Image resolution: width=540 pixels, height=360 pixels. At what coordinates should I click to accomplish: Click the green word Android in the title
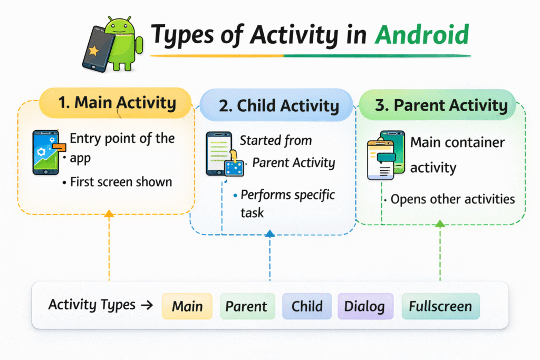pyautogui.click(x=422, y=35)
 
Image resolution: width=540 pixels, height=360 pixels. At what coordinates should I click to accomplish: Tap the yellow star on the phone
pyautogui.click(x=93, y=51)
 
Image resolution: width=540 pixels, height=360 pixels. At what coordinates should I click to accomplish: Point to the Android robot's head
pyautogui.click(x=119, y=26)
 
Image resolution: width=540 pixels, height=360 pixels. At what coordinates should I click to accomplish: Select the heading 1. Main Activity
pyautogui.click(x=117, y=103)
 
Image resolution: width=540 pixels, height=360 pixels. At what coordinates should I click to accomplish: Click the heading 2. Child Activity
pyautogui.click(x=279, y=105)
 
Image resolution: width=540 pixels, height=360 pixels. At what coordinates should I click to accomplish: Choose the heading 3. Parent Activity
pyautogui.click(x=441, y=105)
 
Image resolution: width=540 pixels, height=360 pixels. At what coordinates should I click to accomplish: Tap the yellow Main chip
pyautogui.click(x=187, y=306)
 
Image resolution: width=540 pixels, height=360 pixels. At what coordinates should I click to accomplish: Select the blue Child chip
pyautogui.click(x=307, y=306)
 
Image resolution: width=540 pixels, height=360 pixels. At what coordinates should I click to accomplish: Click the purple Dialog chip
pyautogui.click(x=365, y=306)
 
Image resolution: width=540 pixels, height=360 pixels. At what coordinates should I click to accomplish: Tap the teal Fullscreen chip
pyautogui.click(x=440, y=306)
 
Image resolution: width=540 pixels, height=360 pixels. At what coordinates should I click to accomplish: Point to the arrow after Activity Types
pyautogui.click(x=147, y=305)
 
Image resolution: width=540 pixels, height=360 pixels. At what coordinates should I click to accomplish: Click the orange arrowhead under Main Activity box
pyautogui.click(x=109, y=213)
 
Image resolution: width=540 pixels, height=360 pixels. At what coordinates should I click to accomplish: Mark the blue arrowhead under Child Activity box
pyautogui.click(x=270, y=233)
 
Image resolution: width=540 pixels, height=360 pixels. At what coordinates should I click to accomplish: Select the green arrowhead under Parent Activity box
pyautogui.click(x=440, y=223)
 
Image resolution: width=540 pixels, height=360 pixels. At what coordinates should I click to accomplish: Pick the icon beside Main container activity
pyautogui.click(x=386, y=155)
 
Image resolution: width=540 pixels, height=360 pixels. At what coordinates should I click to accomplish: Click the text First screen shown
pyautogui.click(x=121, y=182)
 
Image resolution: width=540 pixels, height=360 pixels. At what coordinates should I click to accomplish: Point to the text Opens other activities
pyautogui.click(x=452, y=199)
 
